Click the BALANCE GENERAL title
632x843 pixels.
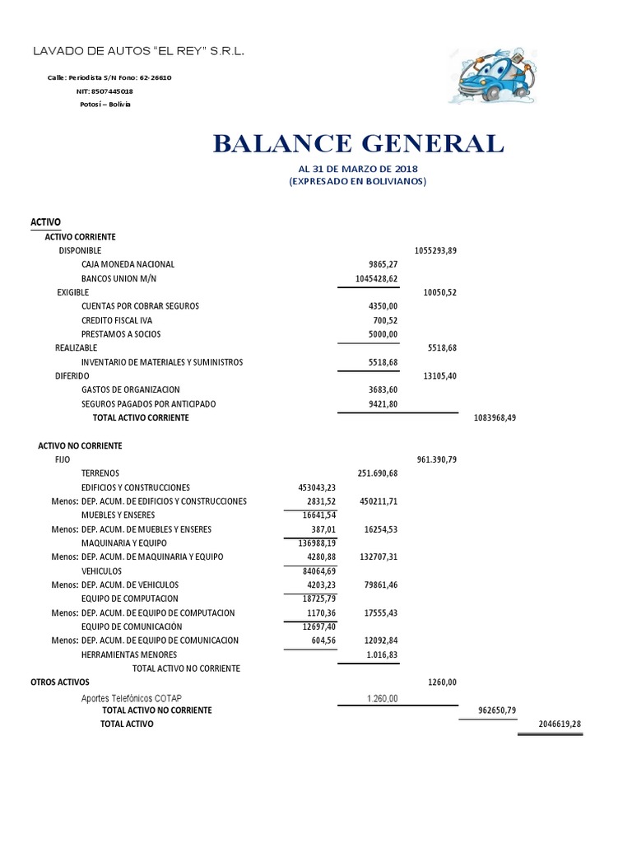358,144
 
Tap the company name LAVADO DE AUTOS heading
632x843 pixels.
137,52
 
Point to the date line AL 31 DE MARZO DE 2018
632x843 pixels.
357,170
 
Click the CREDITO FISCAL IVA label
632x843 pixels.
116,320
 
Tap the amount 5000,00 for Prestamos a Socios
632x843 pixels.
383,334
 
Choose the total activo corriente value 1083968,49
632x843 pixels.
495,418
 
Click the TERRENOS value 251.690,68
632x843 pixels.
378,473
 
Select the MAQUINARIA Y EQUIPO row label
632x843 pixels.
123,543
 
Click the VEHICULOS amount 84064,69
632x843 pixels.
309,571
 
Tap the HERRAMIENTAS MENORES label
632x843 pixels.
129,654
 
